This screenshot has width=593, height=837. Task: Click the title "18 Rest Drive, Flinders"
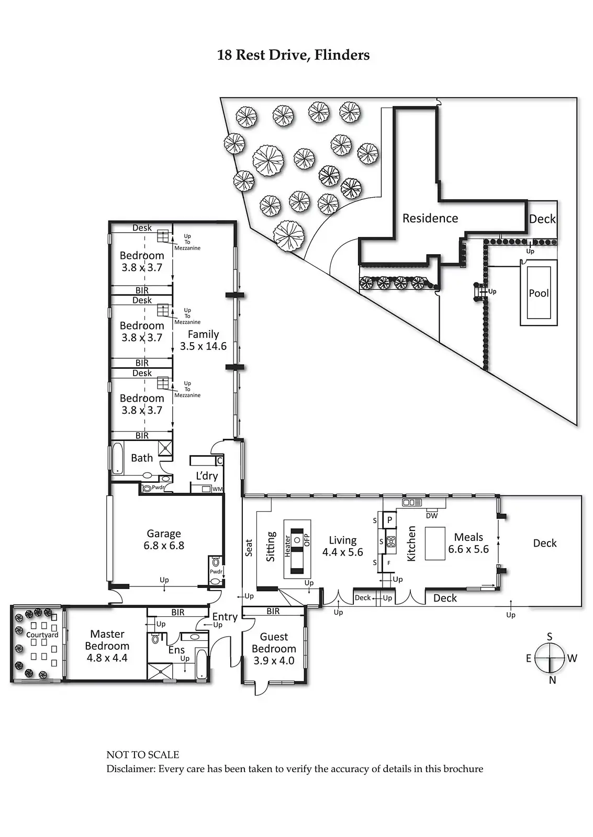294,55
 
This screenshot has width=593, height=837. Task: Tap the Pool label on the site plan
539,293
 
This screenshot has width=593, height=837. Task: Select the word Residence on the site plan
430,218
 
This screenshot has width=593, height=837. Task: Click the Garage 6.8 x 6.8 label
164,539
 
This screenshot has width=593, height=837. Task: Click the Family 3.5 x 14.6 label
203,340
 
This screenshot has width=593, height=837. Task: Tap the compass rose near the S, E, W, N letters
549,658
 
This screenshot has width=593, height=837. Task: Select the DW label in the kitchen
432,516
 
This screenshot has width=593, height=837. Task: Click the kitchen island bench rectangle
435,544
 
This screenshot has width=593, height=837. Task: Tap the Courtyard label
42,635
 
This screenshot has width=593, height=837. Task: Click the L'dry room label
207,476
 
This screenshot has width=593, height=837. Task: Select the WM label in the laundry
218,489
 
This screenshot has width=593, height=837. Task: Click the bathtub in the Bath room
117,459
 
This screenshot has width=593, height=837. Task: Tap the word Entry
225,617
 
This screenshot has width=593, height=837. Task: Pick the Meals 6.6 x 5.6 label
468,543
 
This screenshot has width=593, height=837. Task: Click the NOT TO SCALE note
143,755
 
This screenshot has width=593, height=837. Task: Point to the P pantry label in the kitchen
389,520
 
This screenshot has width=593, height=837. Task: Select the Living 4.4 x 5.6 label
342,546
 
